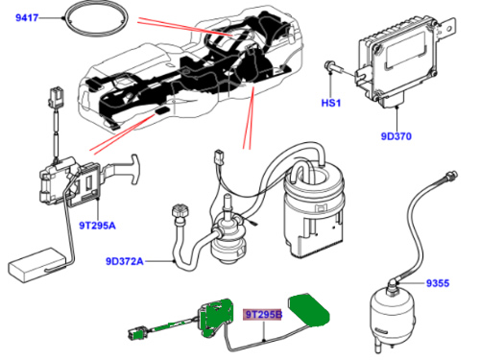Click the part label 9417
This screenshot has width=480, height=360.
(x=27, y=17)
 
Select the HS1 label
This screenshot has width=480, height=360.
(x=331, y=103)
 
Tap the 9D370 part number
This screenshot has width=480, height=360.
(x=396, y=136)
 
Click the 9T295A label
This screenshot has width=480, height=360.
(x=97, y=226)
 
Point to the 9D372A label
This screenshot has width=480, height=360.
(x=125, y=261)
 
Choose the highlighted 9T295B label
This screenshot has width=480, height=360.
(x=263, y=315)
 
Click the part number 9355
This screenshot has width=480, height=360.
(x=438, y=283)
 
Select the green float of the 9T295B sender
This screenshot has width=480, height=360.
(x=309, y=309)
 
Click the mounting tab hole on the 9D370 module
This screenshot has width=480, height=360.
(x=448, y=29)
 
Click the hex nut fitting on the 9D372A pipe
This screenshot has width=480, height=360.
(x=180, y=212)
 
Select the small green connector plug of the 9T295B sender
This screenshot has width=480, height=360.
(x=137, y=333)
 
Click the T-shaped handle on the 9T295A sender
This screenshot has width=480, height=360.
(x=133, y=169)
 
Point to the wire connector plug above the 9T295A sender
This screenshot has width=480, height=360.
(x=56, y=95)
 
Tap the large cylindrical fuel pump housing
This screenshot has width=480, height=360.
(x=315, y=208)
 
